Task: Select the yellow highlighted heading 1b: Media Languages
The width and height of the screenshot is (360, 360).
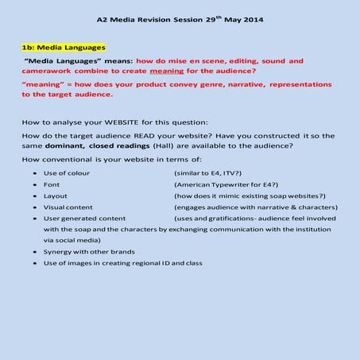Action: click(x=64, y=48)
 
